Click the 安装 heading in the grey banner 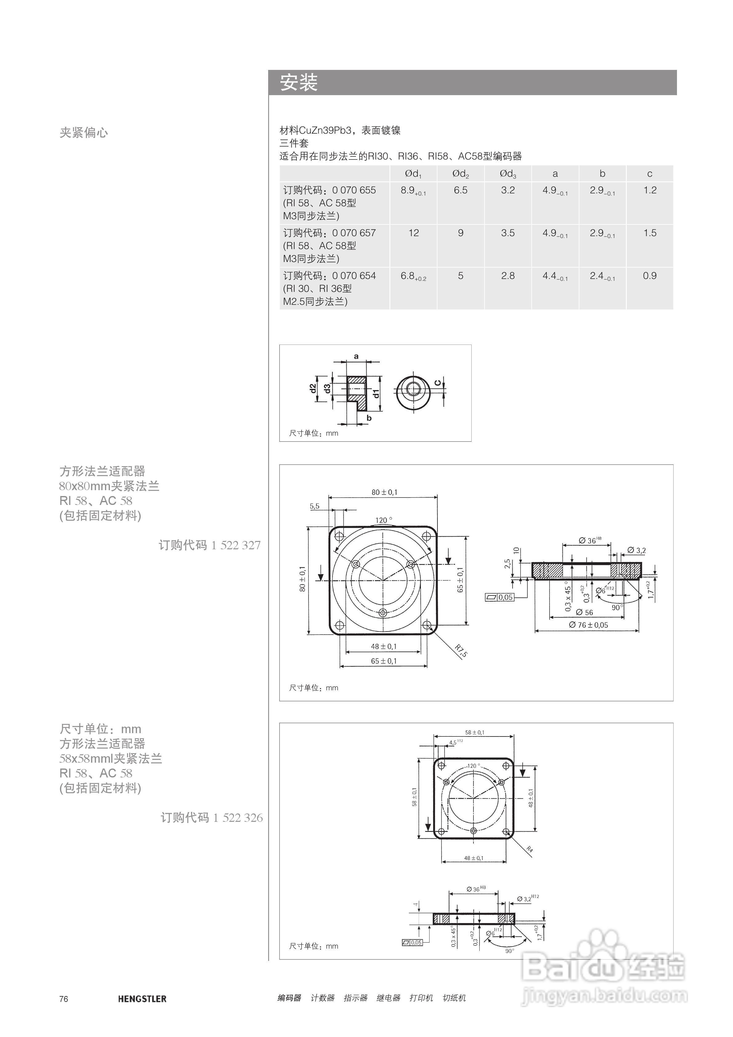299,83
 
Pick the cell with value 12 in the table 414,233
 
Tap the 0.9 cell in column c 650,276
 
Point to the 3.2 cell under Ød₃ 508,190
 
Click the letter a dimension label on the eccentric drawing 356,356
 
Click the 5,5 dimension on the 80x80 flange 314,506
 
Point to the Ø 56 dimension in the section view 584,612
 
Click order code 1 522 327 210,545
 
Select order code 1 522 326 211,817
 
